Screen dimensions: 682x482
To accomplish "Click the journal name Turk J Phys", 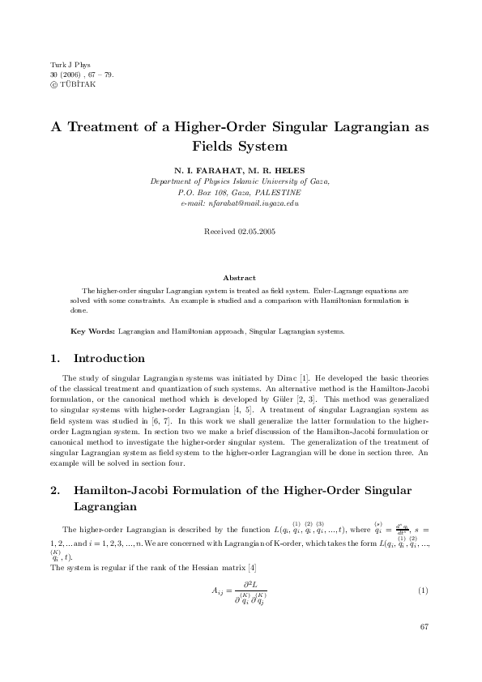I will coord(67,64).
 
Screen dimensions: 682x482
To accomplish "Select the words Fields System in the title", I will coord(240,147).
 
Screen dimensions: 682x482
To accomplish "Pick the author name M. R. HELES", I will coord(276,172).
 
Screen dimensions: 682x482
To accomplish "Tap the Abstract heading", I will coord(240,278).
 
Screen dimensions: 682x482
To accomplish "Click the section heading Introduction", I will coord(109,358).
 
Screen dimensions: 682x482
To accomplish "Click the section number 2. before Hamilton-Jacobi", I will coord(56,491).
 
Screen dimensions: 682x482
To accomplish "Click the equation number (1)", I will coord(422,589).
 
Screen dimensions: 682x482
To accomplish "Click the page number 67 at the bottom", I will coord(424,628).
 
